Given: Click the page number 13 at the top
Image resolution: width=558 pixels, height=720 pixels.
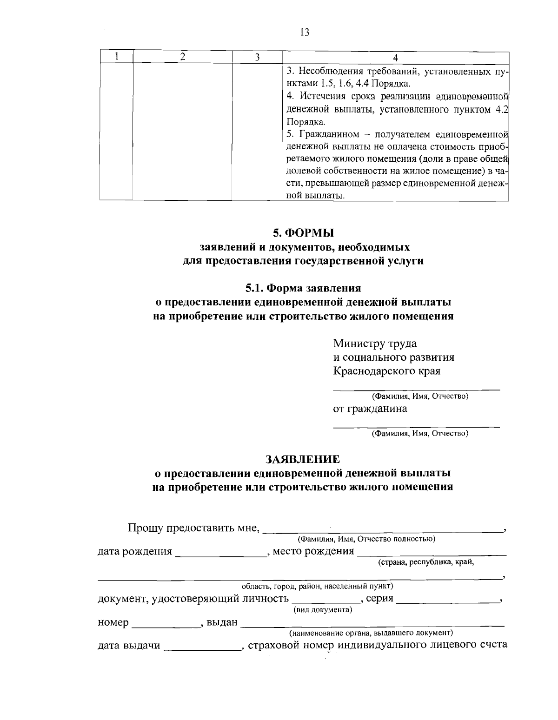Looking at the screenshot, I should (305, 32).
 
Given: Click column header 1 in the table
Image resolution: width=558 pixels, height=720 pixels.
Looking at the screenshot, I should (117, 57).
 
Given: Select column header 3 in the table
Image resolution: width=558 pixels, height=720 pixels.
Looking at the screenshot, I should (257, 57).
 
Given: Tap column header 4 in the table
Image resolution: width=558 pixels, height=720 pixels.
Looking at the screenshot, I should (395, 57).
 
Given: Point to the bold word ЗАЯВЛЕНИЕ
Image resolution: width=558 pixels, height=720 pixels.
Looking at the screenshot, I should (303, 459).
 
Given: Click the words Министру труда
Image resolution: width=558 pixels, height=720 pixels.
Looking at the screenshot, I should (375, 344).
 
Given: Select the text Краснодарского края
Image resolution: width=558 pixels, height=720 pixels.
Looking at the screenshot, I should (387, 371).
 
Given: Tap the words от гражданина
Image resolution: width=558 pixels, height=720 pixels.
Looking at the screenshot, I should (370, 409).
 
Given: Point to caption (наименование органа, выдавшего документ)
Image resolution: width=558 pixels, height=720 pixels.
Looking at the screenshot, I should (371, 633).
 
